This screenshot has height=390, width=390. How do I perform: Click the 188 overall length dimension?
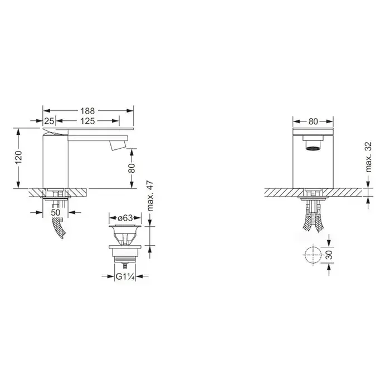[87, 111]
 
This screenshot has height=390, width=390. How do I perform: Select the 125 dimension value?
[87, 121]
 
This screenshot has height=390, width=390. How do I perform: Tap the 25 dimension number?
[49, 121]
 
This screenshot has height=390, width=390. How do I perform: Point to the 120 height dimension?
[19, 157]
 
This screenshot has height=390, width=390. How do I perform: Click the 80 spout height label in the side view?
[131, 168]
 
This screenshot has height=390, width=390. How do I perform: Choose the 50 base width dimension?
[56, 212]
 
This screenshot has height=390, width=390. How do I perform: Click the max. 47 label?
[150, 196]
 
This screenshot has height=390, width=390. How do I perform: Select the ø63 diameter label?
[125, 218]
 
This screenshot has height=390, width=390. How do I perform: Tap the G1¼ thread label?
[125, 276]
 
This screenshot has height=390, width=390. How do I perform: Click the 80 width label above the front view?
[313, 121]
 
